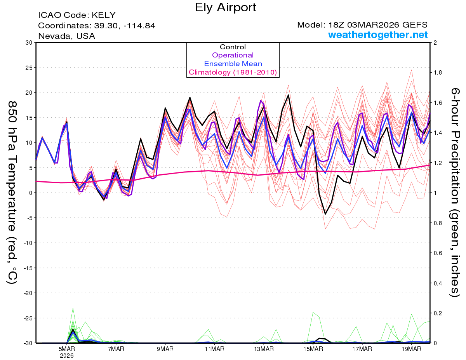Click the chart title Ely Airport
225,7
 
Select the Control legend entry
233,47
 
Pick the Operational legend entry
233,55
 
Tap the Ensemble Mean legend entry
233,64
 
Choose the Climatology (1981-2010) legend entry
233,72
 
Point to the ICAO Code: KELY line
77,16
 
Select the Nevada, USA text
66,36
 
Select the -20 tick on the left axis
28,293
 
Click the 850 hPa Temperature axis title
13,192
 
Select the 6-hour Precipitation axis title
455,192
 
